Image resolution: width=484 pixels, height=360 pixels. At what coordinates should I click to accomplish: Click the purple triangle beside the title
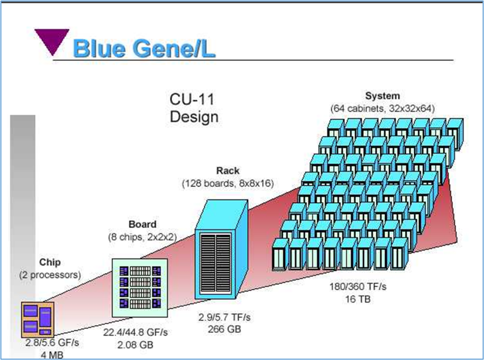point(52,40)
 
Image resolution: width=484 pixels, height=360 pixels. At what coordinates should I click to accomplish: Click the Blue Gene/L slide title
point(144,49)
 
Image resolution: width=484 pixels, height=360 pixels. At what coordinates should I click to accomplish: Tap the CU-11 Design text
point(194,108)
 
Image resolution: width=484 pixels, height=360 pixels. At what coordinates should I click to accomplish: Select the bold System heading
point(383,96)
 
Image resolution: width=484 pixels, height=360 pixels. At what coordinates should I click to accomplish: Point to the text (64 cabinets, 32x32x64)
point(383,109)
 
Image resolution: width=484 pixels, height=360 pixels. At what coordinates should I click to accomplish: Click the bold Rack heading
point(228,171)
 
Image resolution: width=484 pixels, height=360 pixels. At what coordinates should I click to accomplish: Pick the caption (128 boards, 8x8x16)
point(228,184)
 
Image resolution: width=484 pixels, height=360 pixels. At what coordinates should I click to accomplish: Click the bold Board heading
point(143,224)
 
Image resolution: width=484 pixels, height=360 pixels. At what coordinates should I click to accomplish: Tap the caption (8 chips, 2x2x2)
point(143,237)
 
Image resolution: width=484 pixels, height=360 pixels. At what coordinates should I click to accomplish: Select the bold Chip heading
point(50,262)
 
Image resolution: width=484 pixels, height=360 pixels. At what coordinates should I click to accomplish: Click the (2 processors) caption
point(50,275)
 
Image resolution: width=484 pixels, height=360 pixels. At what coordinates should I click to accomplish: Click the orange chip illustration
point(38,319)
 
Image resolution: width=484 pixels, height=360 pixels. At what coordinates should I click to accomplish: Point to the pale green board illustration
point(140,288)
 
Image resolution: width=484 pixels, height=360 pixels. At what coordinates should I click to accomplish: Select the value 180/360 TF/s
point(358,286)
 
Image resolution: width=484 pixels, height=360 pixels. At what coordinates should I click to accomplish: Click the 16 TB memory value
point(358,299)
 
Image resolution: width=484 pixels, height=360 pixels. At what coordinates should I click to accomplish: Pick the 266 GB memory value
point(224,329)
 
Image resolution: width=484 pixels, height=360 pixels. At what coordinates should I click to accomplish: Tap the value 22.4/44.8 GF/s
point(135,332)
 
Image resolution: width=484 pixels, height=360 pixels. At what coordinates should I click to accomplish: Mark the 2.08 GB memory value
point(135,345)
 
